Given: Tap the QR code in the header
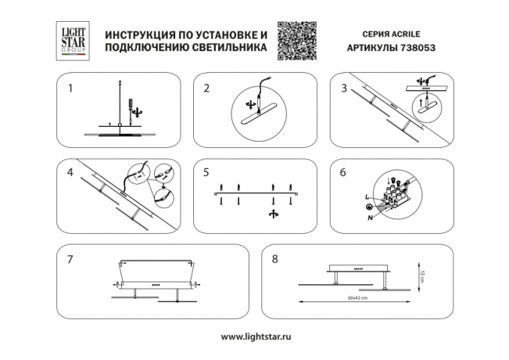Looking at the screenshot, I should tap(298, 38).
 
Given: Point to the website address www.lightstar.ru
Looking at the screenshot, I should tap(255, 337).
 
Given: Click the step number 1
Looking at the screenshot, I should tap(70, 88).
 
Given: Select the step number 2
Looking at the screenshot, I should tap(206, 88).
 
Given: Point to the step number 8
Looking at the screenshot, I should tap(274, 257).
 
